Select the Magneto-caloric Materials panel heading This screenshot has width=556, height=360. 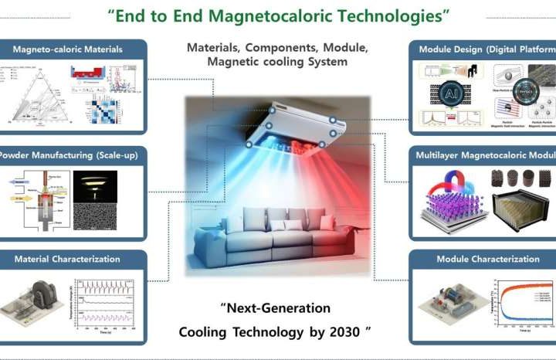coord(67,49)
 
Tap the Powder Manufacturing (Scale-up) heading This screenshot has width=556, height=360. coord(68,155)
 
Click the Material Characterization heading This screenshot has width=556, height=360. coord(67,259)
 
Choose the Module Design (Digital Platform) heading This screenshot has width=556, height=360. coord(487,49)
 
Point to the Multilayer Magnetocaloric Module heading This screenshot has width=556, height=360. coord(487,155)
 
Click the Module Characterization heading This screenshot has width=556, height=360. coord(487,259)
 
